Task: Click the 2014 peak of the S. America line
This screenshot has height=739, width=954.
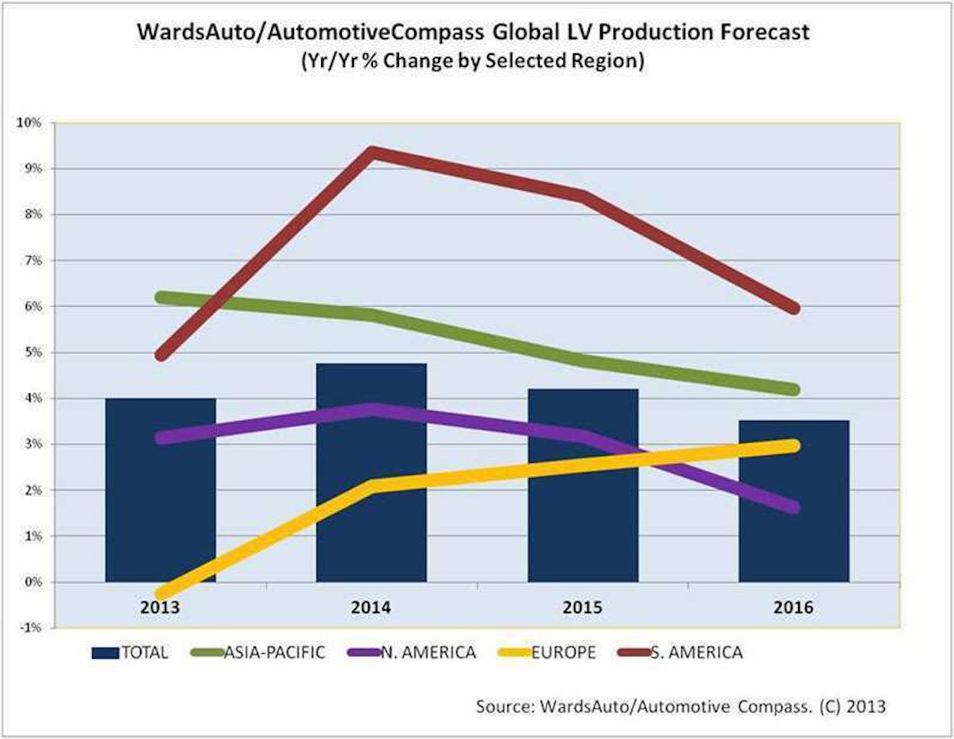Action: [x=372, y=152]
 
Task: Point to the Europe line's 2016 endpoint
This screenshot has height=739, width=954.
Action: [x=792, y=445]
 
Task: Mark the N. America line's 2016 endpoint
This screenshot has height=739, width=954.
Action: [x=792, y=507]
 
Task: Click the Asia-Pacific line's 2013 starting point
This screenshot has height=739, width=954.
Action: [x=161, y=298]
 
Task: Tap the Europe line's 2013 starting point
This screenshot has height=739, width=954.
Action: [x=161, y=593]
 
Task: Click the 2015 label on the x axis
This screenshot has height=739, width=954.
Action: [x=583, y=607]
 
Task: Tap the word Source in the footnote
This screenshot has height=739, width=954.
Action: [x=499, y=706]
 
